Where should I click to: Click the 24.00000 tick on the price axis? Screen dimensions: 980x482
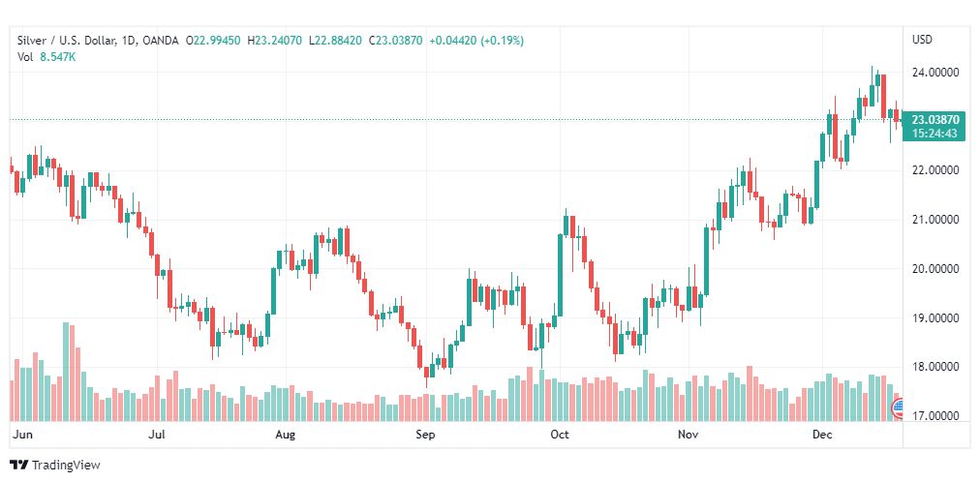coord(935,73)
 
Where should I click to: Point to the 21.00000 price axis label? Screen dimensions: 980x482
coord(935,220)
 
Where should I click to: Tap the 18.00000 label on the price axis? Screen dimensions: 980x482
coord(935,367)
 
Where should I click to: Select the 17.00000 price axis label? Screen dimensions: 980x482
coord(935,416)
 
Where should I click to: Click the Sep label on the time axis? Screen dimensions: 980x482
coord(425,435)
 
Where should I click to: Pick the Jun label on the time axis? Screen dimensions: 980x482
coord(22,435)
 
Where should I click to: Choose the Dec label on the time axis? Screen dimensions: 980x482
coord(822,435)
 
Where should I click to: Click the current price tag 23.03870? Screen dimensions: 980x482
coord(934,120)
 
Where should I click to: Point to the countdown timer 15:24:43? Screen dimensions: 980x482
coord(934,133)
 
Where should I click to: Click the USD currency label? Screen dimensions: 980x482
coord(923,40)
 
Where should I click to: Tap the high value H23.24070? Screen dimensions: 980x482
coord(275,41)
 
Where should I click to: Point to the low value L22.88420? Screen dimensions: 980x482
coord(335,41)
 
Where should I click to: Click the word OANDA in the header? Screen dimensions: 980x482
coord(161,41)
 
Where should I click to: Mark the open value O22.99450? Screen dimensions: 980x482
coord(214,41)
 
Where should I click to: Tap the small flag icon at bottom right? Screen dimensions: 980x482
coord(898,408)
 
